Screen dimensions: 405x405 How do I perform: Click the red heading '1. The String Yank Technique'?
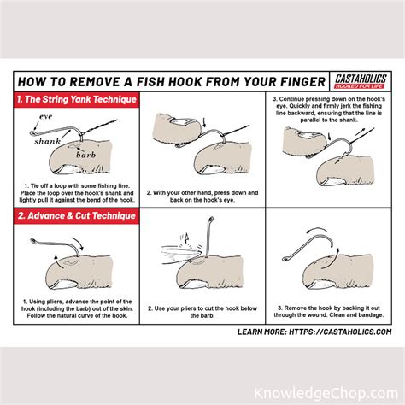tap(75, 99)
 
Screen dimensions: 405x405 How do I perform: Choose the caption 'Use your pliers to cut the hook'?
tap(202, 308)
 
